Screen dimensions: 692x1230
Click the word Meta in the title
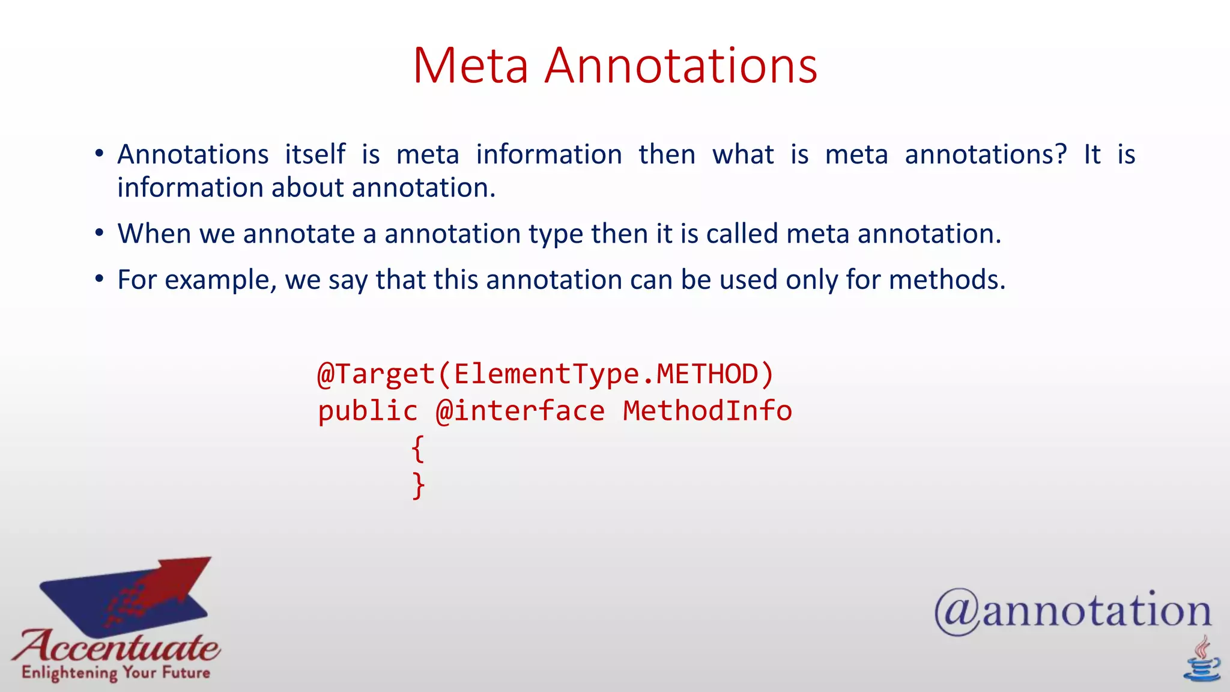pos(470,65)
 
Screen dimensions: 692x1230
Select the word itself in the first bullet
pos(315,154)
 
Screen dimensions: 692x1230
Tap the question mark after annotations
pos(1061,154)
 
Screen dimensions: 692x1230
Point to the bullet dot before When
pos(100,233)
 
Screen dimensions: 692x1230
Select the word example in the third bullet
pos(220,281)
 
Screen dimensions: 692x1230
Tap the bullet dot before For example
pos(100,279)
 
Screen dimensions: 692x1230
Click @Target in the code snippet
pos(376,374)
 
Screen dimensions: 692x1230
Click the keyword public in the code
pos(368,411)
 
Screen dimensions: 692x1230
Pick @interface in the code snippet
pos(520,411)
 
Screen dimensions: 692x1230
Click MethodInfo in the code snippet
pos(707,411)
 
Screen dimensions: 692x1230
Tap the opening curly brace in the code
pos(418,449)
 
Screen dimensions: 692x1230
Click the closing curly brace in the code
pos(418,486)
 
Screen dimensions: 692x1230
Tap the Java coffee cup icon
pos(1202,661)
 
